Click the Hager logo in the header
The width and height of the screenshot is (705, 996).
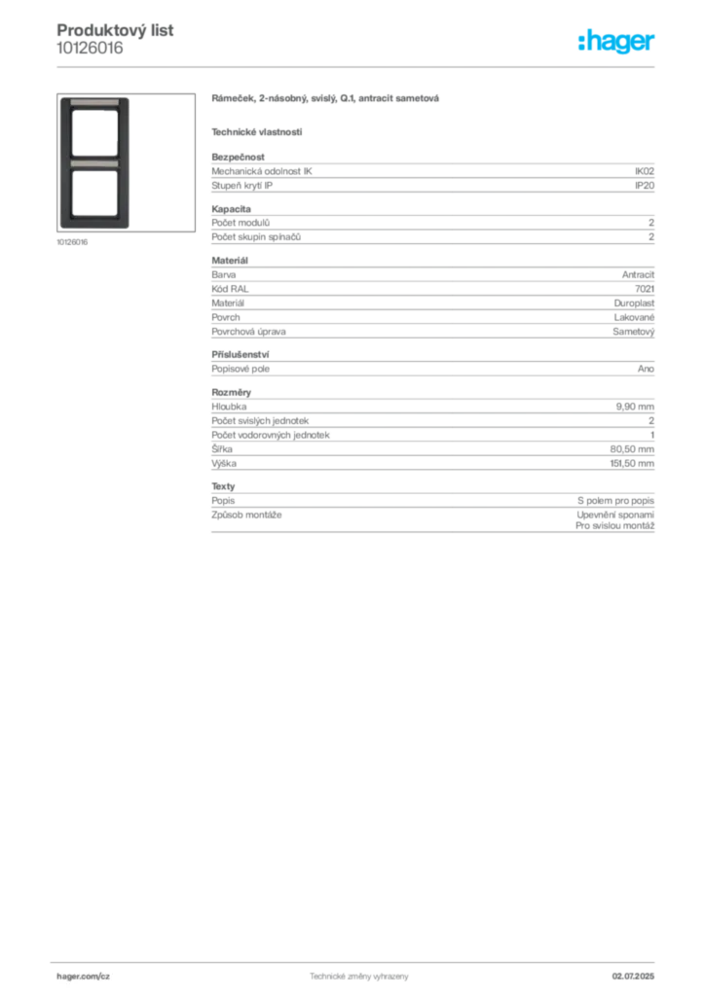click(x=616, y=41)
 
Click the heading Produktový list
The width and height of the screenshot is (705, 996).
click(x=115, y=30)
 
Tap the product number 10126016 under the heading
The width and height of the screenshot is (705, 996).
click(x=90, y=49)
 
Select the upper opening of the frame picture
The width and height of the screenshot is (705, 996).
click(x=94, y=132)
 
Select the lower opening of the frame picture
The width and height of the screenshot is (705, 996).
click(x=94, y=194)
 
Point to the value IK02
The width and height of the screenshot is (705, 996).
click(x=644, y=171)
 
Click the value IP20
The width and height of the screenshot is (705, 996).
click(x=644, y=186)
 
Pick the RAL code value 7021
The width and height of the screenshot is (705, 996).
click(x=645, y=289)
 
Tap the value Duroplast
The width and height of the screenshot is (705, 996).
click(x=634, y=303)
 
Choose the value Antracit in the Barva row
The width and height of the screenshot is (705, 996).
click(x=638, y=275)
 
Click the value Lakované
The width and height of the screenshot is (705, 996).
click(x=634, y=318)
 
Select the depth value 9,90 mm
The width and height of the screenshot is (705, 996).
click(x=635, y=407)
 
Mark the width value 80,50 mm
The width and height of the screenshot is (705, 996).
click(x=632, y=449)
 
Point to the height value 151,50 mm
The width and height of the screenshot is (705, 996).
click(x=632, y=464)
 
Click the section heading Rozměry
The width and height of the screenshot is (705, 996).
click(x=232, y=393)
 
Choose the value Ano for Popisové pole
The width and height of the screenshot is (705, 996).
click(x=646, y=369)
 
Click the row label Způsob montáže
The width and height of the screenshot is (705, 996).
click(x=246, y=516)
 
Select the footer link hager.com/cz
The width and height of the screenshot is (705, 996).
click(x=84, y=977)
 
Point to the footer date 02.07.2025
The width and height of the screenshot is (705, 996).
click(x=633, y=977)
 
